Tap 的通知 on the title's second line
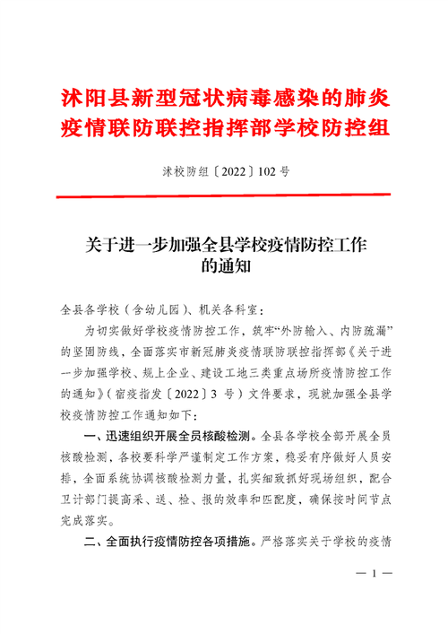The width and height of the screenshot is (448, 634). pos(224,265)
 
